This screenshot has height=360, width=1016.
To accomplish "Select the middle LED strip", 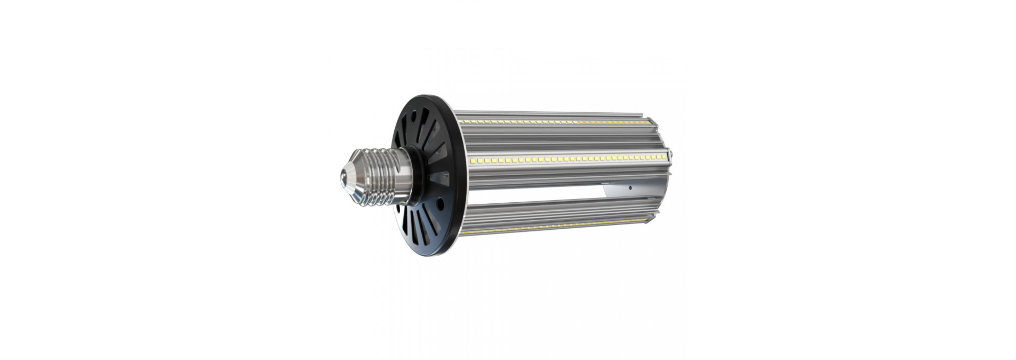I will tap(566, 158).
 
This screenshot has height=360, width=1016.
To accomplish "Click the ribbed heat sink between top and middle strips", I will tap(556, 140).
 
